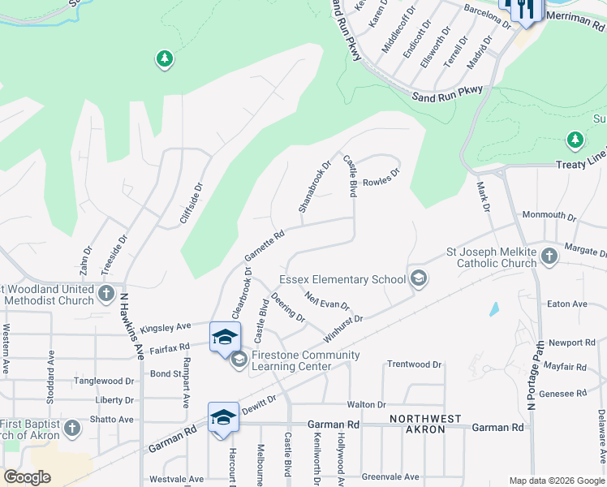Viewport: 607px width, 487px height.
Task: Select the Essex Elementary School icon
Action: point(419,278)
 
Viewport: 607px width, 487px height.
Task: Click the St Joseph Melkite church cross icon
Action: point(549,256)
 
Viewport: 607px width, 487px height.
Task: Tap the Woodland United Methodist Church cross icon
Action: point(106,293)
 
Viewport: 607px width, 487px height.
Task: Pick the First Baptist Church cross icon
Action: point(71,427)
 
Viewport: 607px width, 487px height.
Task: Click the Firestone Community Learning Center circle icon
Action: point(239,359)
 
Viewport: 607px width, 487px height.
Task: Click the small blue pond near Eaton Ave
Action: point(494,309)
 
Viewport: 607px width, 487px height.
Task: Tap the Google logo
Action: point(28,477)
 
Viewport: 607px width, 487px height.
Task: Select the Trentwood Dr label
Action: point(414,364)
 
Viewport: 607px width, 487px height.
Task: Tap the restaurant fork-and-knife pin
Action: point(520,11)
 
